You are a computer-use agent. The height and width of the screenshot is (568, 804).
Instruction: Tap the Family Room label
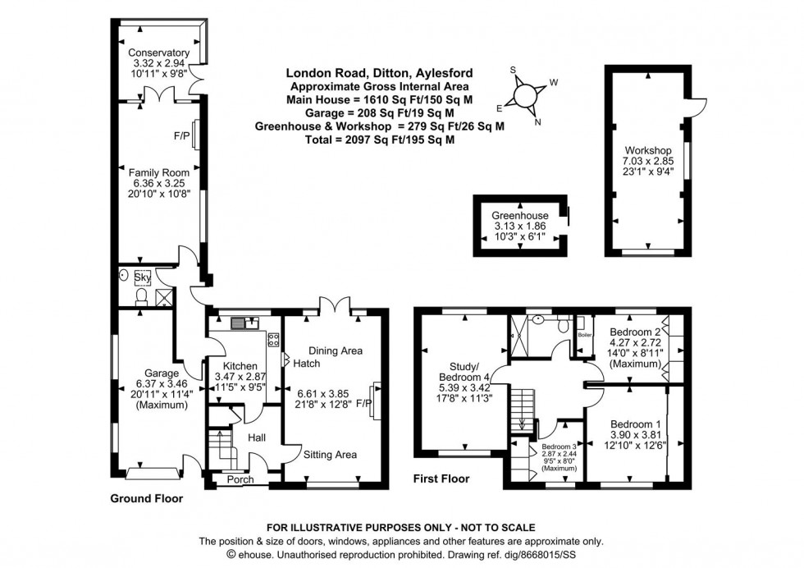(158, 172)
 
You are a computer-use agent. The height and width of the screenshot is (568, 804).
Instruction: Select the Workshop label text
(647, 150)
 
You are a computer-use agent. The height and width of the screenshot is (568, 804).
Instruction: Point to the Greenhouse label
(520, 216)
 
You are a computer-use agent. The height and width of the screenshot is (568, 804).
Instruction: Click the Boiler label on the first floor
(584, 334)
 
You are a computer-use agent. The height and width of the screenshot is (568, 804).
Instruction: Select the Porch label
(240, 479)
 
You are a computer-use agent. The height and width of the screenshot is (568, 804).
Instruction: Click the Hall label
(254, 437)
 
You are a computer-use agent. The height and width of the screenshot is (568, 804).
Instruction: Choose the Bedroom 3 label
(558, 449)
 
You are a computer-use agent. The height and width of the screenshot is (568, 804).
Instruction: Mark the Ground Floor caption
(147, 498)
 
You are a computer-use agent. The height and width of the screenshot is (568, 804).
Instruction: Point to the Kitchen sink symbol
(240, 323)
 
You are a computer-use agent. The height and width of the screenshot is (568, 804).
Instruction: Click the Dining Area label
(336, 350)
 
